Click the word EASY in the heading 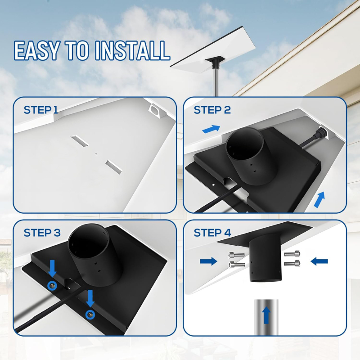(x=37, y=50)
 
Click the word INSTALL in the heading (x=132, y=50)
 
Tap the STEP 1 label (x=41, y=110)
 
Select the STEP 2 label (x=212, y=110)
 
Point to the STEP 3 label (x=42, y=233)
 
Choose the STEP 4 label (x=212, y=233)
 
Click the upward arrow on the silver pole (x=266, y=315)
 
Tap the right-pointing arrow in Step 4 (x=208, y=261)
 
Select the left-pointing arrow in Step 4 (x=319, y=261)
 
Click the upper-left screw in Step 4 (x=236, y=255)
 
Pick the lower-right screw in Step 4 (x=292, y=263)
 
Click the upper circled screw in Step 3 (x=53, y=285)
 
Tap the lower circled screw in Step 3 (x=90, y=315)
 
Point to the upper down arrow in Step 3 (x=53, y=269)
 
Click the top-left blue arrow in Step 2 (x=211, y=129)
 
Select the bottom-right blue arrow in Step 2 (x=319, y=199)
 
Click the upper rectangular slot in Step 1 (x=80, y=141)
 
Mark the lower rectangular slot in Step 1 (x=114, y=166)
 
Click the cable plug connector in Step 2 (x=320, y=132)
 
